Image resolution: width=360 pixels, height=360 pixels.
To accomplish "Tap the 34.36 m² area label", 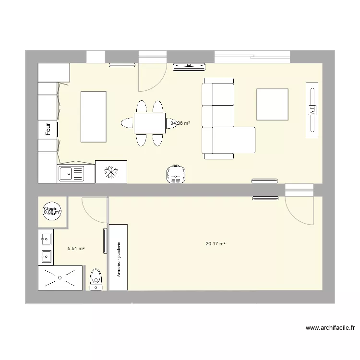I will coord(180,123).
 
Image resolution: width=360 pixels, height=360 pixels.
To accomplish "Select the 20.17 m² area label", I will coord(216,244).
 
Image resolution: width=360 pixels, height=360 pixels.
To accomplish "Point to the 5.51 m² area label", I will coord(76,249).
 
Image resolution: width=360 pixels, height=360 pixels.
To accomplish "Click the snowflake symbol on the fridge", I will coord(111,172).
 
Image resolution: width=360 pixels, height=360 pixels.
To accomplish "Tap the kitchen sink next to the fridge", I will coord(71,173).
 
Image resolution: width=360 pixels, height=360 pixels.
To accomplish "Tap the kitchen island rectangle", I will coord(93,117).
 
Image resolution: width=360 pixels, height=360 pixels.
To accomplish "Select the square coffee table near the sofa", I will coord(272,104).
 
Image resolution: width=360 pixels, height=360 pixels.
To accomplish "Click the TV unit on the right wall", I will coord(312,110).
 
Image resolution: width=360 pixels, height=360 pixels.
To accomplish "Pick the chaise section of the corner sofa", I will coord(233,140).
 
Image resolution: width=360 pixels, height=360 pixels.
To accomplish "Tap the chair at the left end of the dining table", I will coord(127,123).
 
